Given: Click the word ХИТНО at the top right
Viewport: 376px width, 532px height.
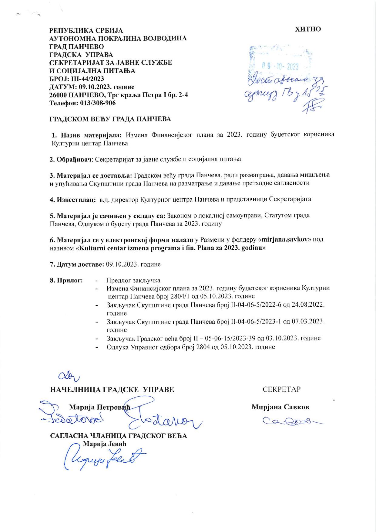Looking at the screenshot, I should [308, 29].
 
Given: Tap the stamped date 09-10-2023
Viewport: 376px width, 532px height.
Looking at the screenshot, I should [280, 66].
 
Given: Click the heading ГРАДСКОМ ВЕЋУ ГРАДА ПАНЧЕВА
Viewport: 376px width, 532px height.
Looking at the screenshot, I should [110, 119].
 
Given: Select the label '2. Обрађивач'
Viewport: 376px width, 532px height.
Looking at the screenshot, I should [71, 159].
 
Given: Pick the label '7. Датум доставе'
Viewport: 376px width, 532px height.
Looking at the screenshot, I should [77, 264].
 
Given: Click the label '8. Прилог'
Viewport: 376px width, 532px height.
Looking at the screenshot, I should [66, 280].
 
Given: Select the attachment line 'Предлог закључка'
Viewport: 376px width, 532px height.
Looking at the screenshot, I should [133, 280].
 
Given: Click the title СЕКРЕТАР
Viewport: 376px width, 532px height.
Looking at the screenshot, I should [281, 389].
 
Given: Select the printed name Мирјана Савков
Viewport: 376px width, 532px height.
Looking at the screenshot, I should [280, 407].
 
